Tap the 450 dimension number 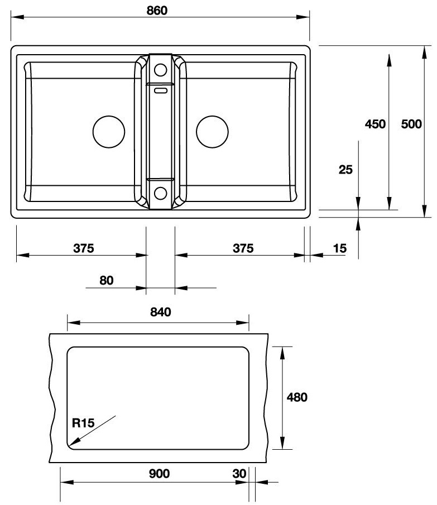click(375, 124)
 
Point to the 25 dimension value click(345, 170)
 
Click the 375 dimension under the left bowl click(83, 248)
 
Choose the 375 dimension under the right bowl click(243, 248)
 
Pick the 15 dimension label click(339, 248)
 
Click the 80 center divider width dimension click(106, 280)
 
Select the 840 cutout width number click(160, 312)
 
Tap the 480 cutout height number click(297, 397)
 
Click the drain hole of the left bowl click(108, 132)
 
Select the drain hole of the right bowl click(212, 132)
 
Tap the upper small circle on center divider click(160, 70)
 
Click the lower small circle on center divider click(160, 194)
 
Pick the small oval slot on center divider click(160, 89)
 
